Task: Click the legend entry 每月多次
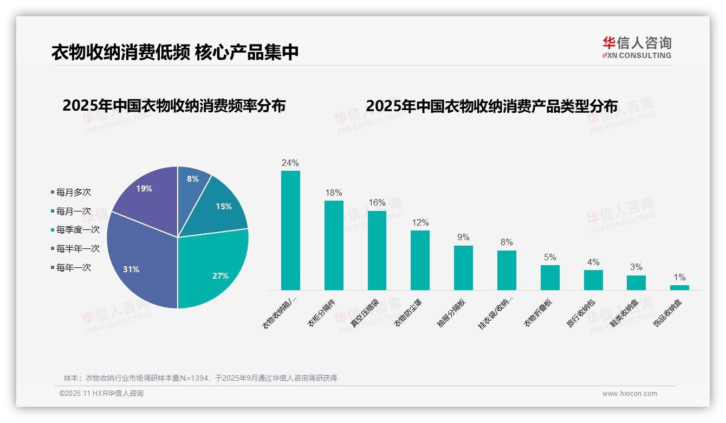pyautogui.click(x=73, y=193)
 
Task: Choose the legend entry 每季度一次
pyautogui.click(x=77, y=230)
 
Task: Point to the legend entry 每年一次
pyautogui.click(x=73, y=267)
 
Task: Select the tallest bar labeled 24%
pyautogui.click(x=290, y=230)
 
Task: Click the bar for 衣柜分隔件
pyautogui.click(x=334, y=245)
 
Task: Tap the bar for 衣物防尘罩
pyautogui.click(x=420, y=260)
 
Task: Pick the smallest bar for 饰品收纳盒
pyautogui.click(x=679, y=287)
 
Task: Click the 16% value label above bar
pyautogui.click(x=377, y=203)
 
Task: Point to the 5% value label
pyautogui.click(x=550, y=257)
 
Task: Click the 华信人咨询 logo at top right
pyautogui.click(x=637, y=47)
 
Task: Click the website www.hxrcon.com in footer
pyautogui.click(x=630, y=394)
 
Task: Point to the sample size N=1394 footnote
pyautogui.click(x=200, y=378)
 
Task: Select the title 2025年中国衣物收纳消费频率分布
pyautogui.click(x=174, y=106)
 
